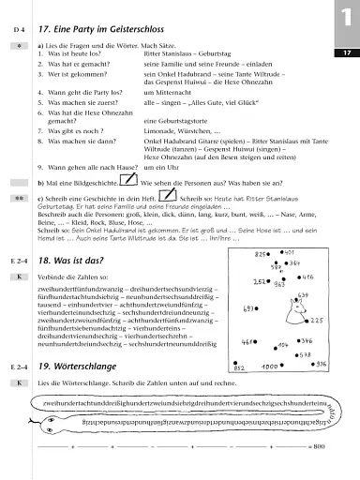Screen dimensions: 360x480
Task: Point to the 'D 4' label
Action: point(16,33)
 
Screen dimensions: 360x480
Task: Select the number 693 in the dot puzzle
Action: point(249,308)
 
